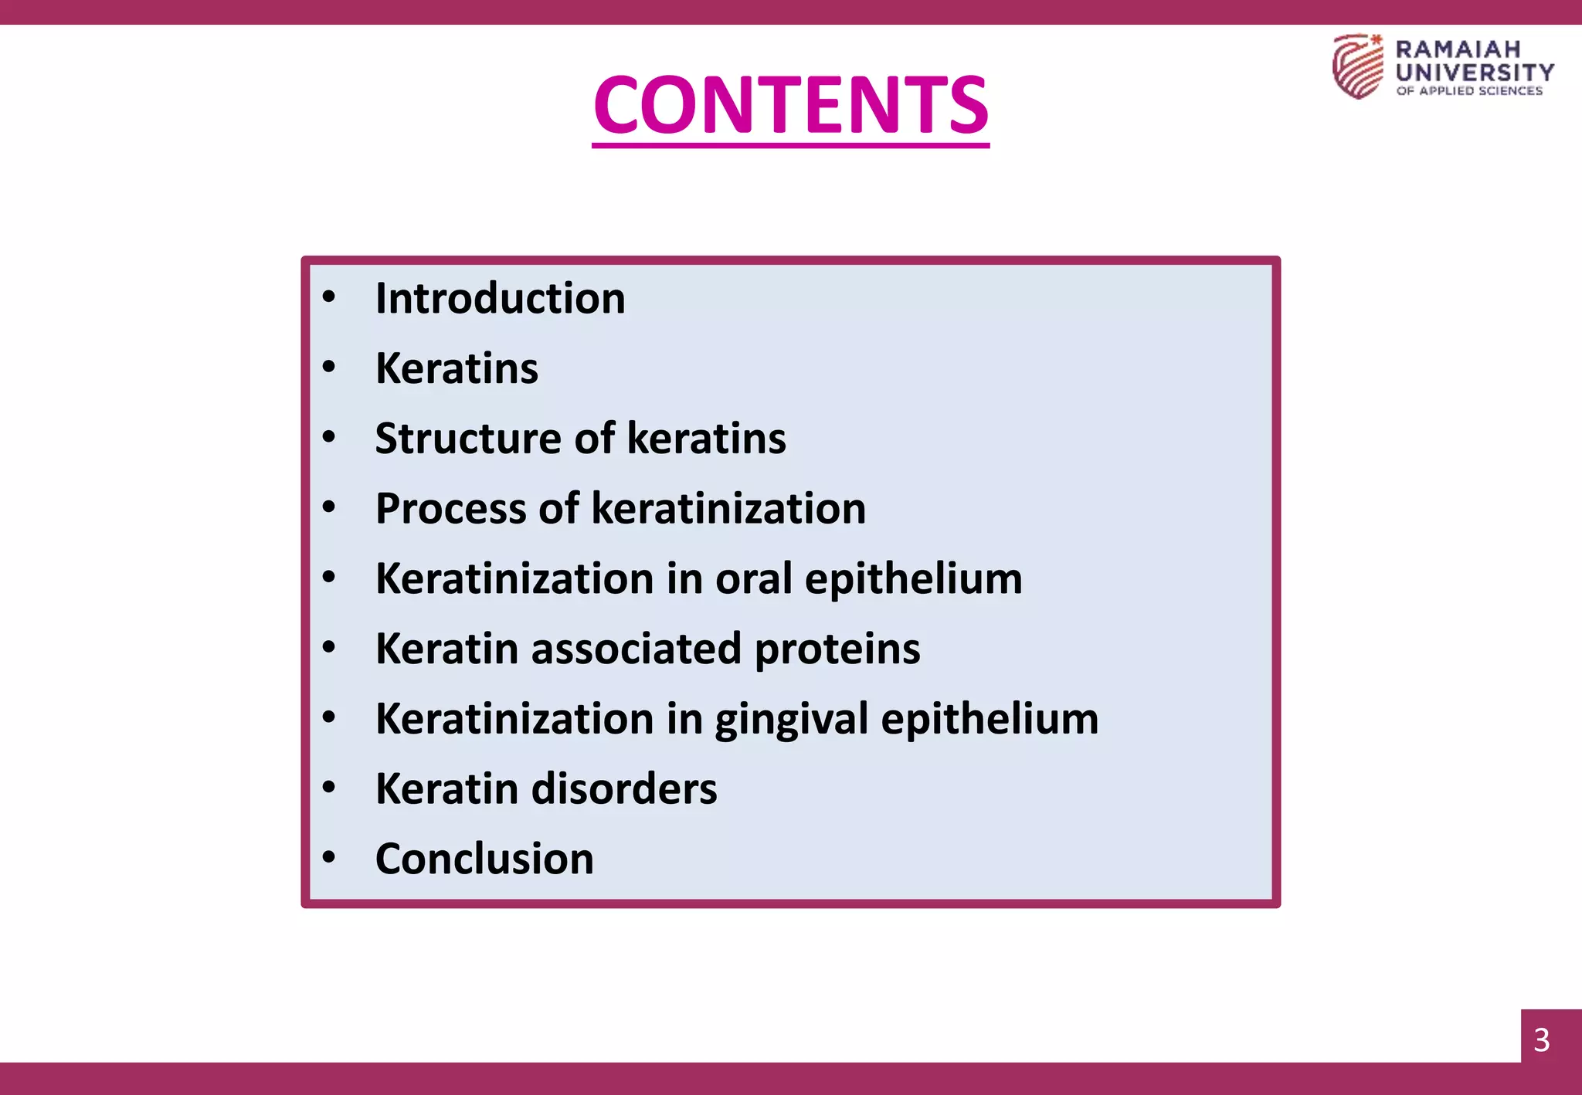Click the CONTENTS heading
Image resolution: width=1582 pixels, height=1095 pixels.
(790, 104)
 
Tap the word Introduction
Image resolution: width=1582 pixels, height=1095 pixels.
(500, 298)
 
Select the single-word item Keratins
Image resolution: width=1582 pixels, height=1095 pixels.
(457, 368)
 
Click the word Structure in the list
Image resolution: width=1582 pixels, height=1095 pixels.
(468, 439)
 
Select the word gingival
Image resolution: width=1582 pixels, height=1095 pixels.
(791, 720)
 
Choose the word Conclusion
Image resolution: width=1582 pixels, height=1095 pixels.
(484, 859)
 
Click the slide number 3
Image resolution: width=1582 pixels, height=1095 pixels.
(1541, 1040)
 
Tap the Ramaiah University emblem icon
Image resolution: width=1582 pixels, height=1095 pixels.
(1357, 66)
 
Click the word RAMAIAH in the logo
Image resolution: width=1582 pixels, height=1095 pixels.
(1458, 49)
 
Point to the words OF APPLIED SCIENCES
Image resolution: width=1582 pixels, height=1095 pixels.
(1469, 91)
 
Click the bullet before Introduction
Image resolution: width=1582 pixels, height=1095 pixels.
(329, 297)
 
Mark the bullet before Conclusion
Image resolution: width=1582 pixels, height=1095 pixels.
(329, 857)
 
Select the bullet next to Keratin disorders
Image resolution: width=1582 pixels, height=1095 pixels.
(329, 788)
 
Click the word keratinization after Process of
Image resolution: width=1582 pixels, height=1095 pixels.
(728, 509)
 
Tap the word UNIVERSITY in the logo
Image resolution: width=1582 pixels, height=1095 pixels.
(1475, 73)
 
